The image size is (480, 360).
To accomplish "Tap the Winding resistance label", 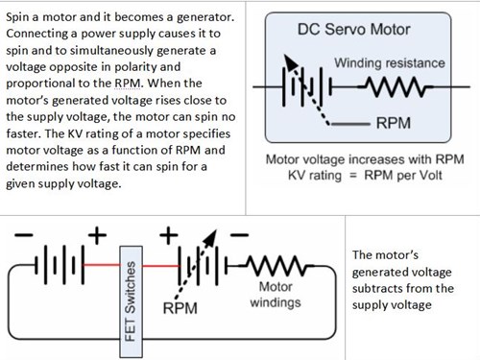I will (x=389, y=62).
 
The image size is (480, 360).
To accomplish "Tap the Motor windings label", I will (x=277, y=295).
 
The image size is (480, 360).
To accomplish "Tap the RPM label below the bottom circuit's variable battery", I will (x=180, y=309).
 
